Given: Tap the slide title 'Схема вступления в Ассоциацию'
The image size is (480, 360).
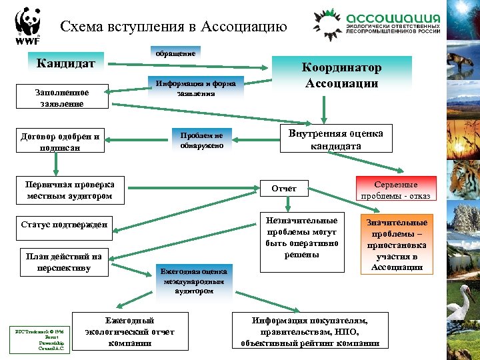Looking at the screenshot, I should [x=173, y=27].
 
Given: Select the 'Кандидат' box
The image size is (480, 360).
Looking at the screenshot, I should [x=66, y=64].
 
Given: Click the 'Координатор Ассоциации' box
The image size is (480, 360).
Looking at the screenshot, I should [x=342, y=76].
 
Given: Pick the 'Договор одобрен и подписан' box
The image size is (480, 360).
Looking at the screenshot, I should [x=59, y=142].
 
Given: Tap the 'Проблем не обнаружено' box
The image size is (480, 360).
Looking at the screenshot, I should [x=201, y=140].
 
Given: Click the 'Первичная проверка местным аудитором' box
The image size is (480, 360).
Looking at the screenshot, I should [x=70, y=190].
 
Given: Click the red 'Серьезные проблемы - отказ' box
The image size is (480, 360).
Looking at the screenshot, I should [x=396, y=189].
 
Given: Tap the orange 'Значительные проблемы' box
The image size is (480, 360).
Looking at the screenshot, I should [x=396, y=244].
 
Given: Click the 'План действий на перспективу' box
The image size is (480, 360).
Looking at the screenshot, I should [x=64, y=262].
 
